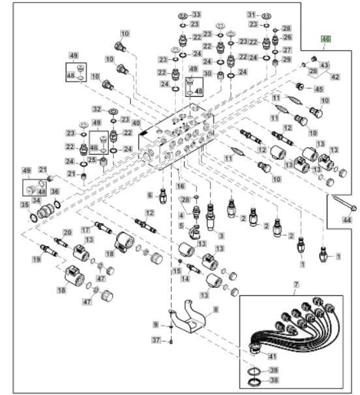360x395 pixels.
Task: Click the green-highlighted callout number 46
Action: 325,39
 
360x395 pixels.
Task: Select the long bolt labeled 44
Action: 344,203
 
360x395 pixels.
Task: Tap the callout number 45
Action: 319,89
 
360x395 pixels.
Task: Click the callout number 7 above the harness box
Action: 296,285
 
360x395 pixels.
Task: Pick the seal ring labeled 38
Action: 254,382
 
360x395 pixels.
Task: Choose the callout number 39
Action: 273,370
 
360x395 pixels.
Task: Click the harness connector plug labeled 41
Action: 255,349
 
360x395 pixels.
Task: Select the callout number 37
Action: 156,340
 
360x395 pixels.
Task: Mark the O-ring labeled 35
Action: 33,218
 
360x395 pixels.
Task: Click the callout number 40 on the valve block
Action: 136,123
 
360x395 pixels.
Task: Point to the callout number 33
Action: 196,14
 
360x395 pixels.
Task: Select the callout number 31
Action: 252,14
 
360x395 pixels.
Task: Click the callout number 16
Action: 180,186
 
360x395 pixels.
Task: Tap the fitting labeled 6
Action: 163,197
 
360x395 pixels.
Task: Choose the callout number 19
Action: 37,259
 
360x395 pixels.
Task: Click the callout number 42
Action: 335,77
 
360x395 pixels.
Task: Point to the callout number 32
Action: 97,109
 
